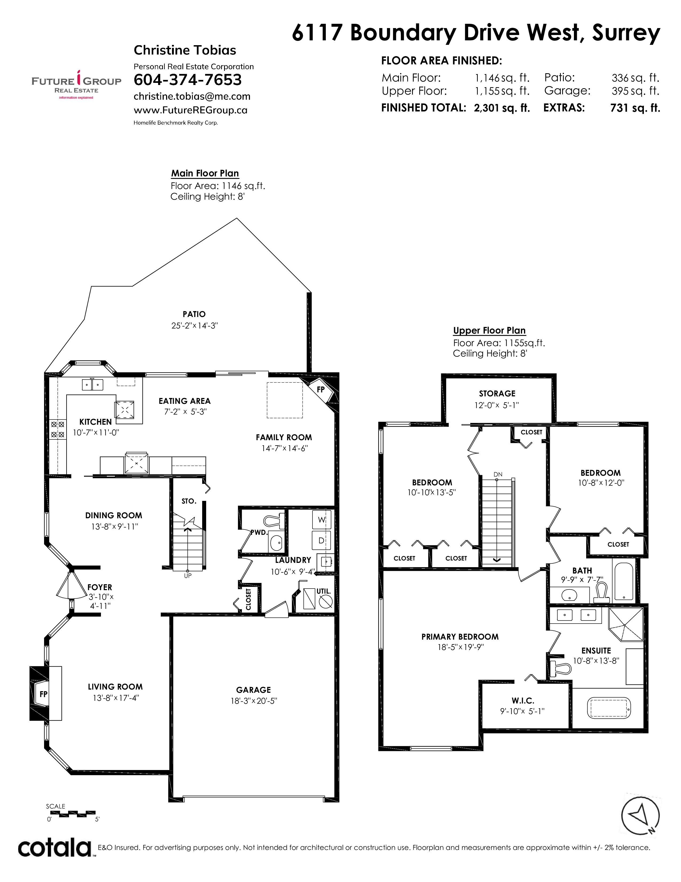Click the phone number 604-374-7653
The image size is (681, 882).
coord(187,80)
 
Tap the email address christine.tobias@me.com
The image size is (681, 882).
coord(192,96)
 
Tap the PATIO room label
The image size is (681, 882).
coord(194,314)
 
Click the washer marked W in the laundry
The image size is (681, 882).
coord(322,520)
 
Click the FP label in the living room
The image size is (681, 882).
coord(44,694)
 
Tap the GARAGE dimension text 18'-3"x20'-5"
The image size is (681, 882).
coord(254,701)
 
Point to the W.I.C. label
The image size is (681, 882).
coord(523,701)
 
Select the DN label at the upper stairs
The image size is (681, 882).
coord(498,474)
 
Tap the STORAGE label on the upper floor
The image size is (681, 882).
coord(497,394)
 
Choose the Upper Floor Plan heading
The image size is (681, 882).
coord(489,330)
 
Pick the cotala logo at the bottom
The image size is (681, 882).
coord(55,848)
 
